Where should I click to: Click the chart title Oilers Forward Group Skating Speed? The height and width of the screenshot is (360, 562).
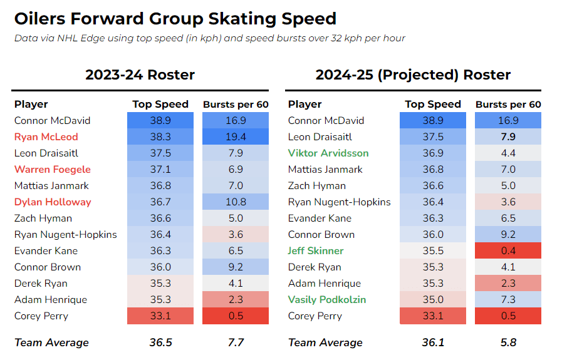pos(175,19)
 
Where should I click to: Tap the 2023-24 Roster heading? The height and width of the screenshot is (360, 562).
pos(140,75)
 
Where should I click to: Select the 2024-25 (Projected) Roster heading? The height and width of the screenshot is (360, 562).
pos(413,75)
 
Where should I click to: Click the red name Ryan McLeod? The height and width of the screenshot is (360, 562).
pos(46,137)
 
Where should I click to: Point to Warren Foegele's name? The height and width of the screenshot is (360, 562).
pos(53,170)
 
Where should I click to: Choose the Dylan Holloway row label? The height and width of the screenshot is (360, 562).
pos(53,202)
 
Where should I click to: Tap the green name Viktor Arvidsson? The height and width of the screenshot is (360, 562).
pos(328,153)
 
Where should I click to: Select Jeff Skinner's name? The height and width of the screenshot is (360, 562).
pos(315,250)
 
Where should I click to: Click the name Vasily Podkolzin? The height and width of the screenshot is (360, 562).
pos(327,299)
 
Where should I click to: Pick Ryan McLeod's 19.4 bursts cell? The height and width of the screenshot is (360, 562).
pos(236,137)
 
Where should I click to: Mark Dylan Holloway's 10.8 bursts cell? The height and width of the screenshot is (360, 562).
pos(236,202)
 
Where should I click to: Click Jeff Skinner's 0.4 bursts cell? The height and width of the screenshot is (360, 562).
pos(508,250)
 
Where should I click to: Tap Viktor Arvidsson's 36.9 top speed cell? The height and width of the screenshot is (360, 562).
pos(433,153)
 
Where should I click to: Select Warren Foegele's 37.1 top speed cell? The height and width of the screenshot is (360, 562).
pos(160,170)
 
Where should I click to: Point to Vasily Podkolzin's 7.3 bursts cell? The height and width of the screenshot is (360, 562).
pos(508,299)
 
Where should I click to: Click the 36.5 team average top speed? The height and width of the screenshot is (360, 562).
pos(160,342)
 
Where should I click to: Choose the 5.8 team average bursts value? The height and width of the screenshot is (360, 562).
pos(508,342)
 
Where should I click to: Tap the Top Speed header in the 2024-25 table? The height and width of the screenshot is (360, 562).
pos(433,104)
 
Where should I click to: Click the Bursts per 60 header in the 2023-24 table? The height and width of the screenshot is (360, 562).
pos(236,104)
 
